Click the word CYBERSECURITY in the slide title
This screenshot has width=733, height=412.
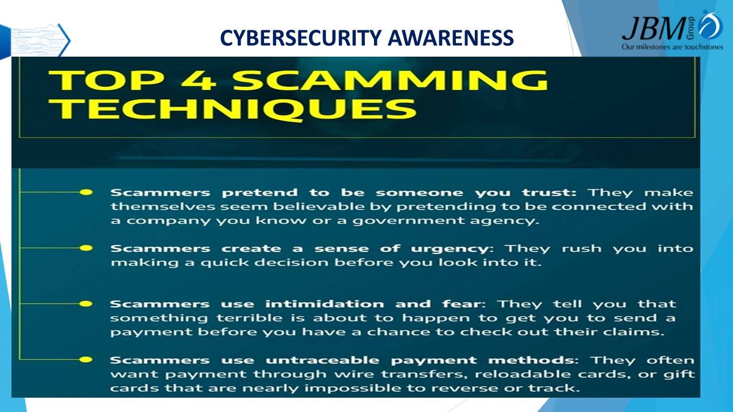pyautogui.click(x=301, y=38)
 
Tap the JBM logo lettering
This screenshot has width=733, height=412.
pyautogui.click(x=653, y=29)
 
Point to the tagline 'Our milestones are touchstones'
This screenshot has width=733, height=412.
pyautogui.click(x=672, y=47)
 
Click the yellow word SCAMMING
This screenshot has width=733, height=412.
pyautogui.click(x=391, y=80)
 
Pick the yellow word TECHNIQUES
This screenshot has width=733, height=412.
pyautogui.click(x=232, y=109)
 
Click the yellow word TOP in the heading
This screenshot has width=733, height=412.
pyautogui.click(x=106, y=80)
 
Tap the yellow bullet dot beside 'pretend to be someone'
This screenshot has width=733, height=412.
pyautogui.click(x=86, y=192)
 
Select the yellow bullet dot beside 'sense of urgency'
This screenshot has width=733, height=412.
pyautogui.click(x=86, y=248)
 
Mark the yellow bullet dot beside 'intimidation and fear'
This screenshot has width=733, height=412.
pyautogui.click(x=86, y=304)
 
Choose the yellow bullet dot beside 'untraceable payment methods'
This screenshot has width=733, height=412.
pyautogui.click(x=86, y=360)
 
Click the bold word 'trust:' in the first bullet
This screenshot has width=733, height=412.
pyautogui.click(x=549, y=193)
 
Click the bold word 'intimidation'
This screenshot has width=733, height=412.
pyautogui.click(x=325, y=304)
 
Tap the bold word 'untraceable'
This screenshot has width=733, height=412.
pyautogui.click(x=322, y=360)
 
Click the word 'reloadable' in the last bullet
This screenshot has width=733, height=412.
pyautogui.click(x=522, y=374)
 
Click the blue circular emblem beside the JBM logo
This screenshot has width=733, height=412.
pyautogui.click(x=711, y=25)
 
